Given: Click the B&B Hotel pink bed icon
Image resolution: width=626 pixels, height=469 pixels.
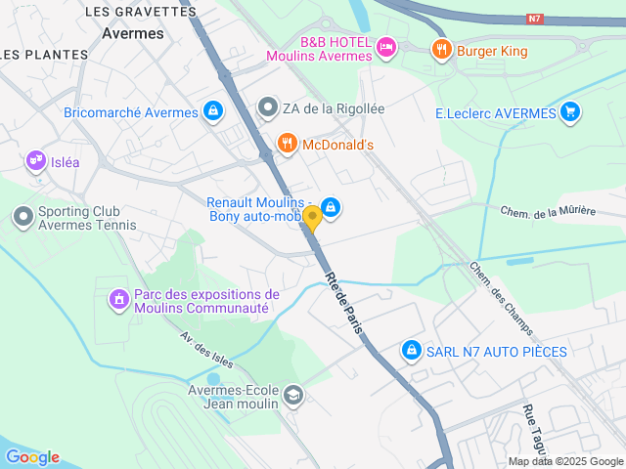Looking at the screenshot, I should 386,46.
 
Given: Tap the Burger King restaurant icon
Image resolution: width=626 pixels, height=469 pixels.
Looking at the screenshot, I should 442,50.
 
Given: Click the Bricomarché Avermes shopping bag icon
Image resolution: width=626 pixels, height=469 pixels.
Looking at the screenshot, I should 212,112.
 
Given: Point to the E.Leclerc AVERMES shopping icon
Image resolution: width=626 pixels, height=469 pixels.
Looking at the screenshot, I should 571,112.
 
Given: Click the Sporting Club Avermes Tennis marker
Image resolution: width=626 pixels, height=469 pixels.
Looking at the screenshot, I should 22,216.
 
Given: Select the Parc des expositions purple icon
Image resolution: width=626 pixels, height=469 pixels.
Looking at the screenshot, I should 118,297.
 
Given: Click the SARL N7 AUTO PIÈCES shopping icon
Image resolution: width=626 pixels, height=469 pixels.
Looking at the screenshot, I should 411,350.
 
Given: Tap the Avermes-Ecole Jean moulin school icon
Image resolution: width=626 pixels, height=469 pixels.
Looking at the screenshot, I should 293,396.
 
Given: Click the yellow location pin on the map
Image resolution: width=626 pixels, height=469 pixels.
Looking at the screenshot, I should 312,219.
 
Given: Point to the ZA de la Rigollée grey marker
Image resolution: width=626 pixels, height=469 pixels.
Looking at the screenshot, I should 268,108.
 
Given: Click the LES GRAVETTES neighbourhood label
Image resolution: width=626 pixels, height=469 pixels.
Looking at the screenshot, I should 141,12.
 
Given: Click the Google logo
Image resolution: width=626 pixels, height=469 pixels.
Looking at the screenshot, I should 32,457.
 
